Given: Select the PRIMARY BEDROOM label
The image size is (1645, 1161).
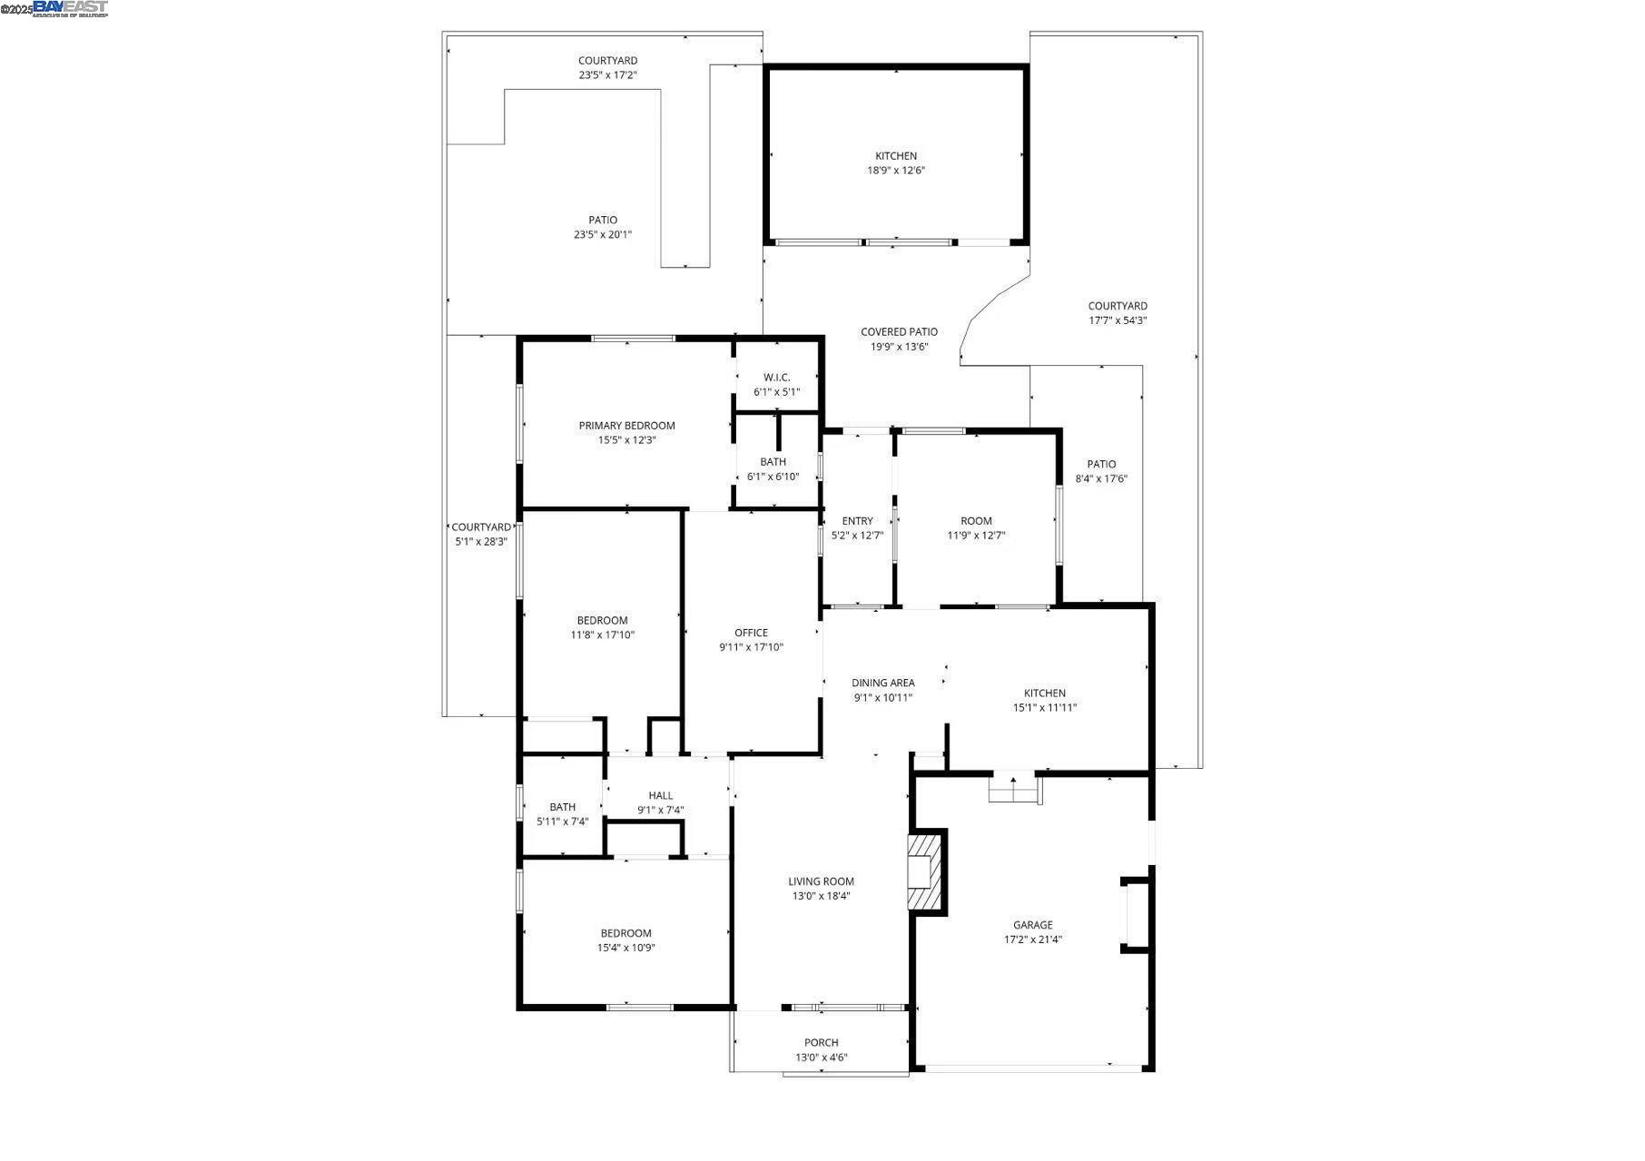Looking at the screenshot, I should (x=626, y=426).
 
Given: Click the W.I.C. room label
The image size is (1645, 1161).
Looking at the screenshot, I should (x=776, y=378).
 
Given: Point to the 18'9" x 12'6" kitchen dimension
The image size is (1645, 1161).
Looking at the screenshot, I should (x=895, y=171).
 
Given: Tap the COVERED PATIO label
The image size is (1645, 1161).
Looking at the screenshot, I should (x=899, y=332).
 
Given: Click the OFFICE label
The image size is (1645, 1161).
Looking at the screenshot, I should (x=751, y=633).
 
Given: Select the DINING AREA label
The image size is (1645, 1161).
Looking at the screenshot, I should (x=882, y=683).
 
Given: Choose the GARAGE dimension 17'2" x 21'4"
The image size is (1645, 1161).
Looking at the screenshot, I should (x=1032, y=940).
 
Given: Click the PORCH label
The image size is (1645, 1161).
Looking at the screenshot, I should (x=821, y=1042).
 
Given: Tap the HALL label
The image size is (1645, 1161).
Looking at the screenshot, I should (x=660, y=795).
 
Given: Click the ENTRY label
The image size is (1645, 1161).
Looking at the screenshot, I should (x=857, y=521).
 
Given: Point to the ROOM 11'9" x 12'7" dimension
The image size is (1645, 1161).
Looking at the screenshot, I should (x=976, y=536).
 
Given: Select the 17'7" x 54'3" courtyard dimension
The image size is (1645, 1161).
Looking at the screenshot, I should (x=1118, y=320).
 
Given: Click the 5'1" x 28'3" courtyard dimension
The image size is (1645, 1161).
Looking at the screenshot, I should (x=480, y=542).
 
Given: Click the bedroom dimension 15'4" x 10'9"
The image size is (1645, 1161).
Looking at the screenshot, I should (x=625, y=948).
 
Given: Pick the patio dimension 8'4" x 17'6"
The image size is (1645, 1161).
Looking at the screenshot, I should (x=1101, y=479).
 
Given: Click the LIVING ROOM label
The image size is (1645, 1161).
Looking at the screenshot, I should (x=821, y=881).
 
